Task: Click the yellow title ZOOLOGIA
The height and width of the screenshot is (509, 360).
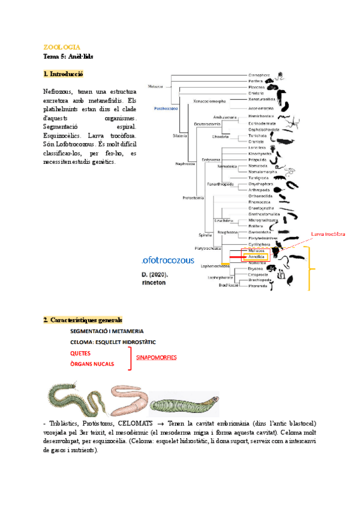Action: (62, 47)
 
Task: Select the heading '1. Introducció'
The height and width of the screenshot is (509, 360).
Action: (63, 74)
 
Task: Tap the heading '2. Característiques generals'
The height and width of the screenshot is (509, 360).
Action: (83, 319)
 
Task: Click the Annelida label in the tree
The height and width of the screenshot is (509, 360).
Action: (256, 257)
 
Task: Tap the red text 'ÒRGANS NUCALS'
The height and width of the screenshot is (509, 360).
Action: (92, 364)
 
